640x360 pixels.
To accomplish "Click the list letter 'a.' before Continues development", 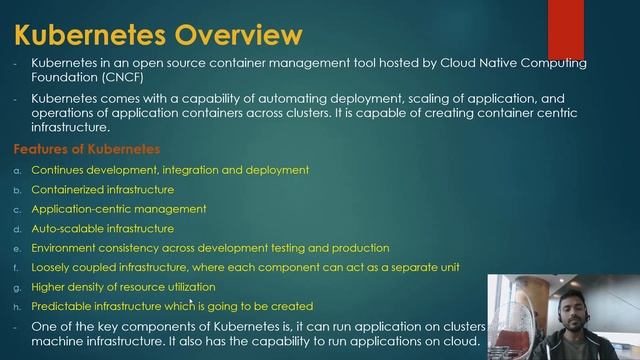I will tap(16, 170).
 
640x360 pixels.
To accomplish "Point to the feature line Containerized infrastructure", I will tap(102, 189).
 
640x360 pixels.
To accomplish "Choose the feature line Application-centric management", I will tap(119, 209).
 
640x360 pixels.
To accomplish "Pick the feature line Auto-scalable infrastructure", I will tap(102, 228).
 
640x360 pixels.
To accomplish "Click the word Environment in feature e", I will tap(65, 248).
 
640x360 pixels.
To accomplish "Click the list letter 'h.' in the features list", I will tap(16, 306).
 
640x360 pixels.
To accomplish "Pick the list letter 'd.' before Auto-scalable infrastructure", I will tap(16, 228).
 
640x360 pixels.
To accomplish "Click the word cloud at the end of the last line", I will tap(461, 342).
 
